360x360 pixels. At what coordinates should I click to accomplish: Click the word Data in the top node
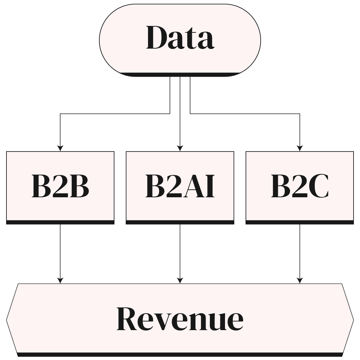pyautogui.click(x=180, y=38)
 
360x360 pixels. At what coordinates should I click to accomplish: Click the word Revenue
pyautogui.click(x=180, y=319)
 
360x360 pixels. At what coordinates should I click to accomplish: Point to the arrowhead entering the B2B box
pyautogui.click(x=60, y=148)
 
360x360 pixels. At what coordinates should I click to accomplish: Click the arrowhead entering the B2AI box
pyautogui.click(x=180, y=148)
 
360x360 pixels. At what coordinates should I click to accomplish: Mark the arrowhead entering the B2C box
pyautogui.click(x=300, y=148)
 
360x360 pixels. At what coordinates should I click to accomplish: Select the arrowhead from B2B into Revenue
pyautogui.click(x=60, y=280)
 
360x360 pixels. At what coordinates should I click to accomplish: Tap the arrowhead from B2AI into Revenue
pyautogui.click(x=180, y=280)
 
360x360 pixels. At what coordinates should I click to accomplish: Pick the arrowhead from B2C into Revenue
pyautogui.click(x=300, y=280)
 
